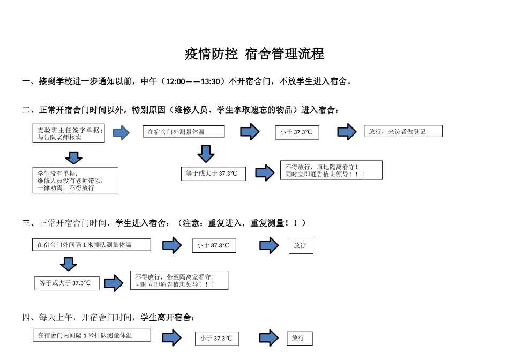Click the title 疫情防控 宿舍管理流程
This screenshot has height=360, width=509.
pyautogui.click(x=254, y=54)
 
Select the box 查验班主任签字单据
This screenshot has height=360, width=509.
pyautogui.click(x=69, y=133)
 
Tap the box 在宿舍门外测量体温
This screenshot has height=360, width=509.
pyautogui.click(x=183, y=132)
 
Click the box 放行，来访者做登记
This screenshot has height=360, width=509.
pyautogui.click(x=403, y=131)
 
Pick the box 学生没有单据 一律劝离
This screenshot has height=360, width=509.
pyautogui.click(x=75, y=180)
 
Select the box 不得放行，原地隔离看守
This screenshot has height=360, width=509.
pyautogui.click(x=331, y=170)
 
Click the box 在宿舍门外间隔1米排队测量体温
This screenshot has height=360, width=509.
pyautogui.click(x=91, y=245)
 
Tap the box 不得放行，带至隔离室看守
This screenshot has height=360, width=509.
pyautogui.click(x=179, y=280)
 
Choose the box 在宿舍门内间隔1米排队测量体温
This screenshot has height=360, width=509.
pyautogui.click(x=91, y=335)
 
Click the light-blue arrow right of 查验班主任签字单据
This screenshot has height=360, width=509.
pyautogui.click(x=121, y=133)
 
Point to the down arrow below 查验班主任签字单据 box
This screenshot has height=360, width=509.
pyautogui.click(x=73, y=157)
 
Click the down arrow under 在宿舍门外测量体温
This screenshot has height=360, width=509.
pyautogui.click(x=206, y=154)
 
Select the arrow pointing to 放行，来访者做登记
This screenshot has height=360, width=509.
pyautogui.click(x=347, y=132)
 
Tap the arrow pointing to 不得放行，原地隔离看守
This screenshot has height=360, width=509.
pyautogui.click(x=265, y=172)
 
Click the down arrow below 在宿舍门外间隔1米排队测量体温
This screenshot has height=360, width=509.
pyautogui.click(x=68, y=264)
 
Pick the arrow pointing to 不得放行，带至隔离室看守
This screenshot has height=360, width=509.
pyautogui.click(x=114, y=283)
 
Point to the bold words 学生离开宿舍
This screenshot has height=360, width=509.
pyautogui.click(x=166, y=318)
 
